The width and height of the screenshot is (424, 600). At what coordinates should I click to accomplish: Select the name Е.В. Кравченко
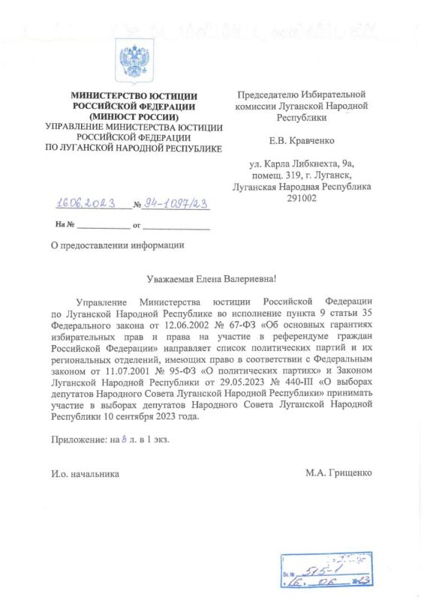tap(302, 140)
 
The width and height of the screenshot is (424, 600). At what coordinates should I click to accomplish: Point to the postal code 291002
tap(302, 198)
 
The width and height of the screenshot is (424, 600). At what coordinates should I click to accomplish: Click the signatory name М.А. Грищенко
tap(338, 473)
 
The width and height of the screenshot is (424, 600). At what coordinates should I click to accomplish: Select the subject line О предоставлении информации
tap(116, 244)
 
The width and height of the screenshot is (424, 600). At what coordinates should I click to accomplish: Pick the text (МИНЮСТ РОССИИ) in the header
tap(134, 117)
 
